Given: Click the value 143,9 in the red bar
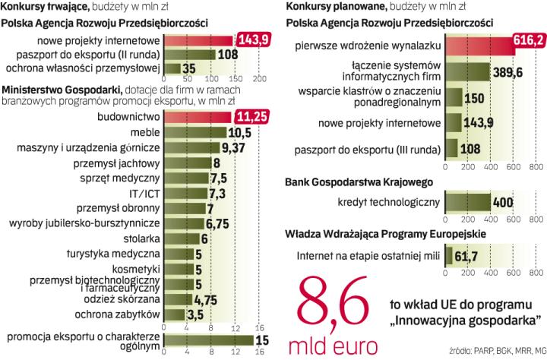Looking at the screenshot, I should click(x=254, y=39).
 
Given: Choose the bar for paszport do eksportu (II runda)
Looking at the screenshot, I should click(x=198, y=55).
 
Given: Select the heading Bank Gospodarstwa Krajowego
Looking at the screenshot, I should click(x=359, y=182).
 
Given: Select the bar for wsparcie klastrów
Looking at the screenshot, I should click(x=453, y=99).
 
